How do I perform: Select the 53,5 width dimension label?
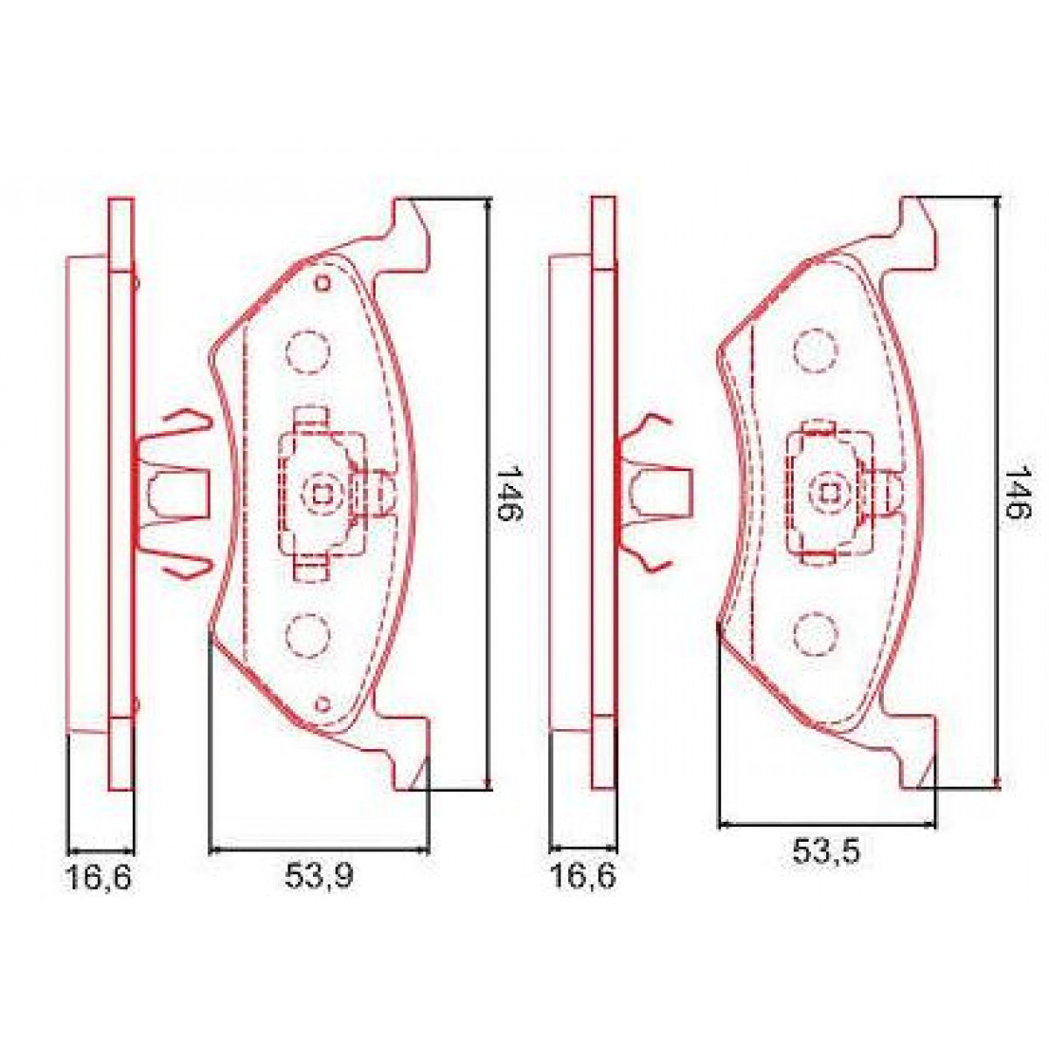(x=826, y=851)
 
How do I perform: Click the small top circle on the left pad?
(x=323, y=282)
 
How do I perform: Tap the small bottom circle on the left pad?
(x=323, y=703)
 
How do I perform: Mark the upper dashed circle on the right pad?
(x=815, y=352)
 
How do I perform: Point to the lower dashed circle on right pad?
(x=815, y=631)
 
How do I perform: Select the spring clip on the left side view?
(x=175, y=492)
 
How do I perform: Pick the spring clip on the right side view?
(x=656, y=492)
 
